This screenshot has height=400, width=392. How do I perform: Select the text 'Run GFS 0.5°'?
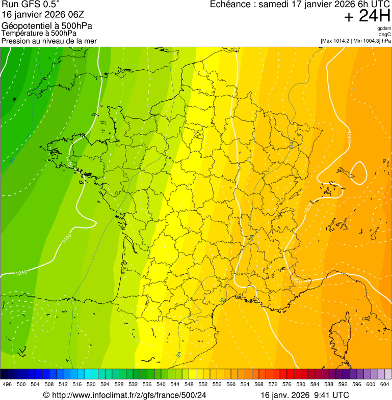coord(31,5)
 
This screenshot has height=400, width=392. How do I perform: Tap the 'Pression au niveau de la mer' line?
coord(49,41)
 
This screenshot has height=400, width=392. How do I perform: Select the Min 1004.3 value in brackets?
coord(368,41)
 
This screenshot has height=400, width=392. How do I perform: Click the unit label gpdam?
coord(384,28)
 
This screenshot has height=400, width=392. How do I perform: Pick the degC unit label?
coord(385,35)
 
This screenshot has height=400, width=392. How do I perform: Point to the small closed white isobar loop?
coord(358,173)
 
